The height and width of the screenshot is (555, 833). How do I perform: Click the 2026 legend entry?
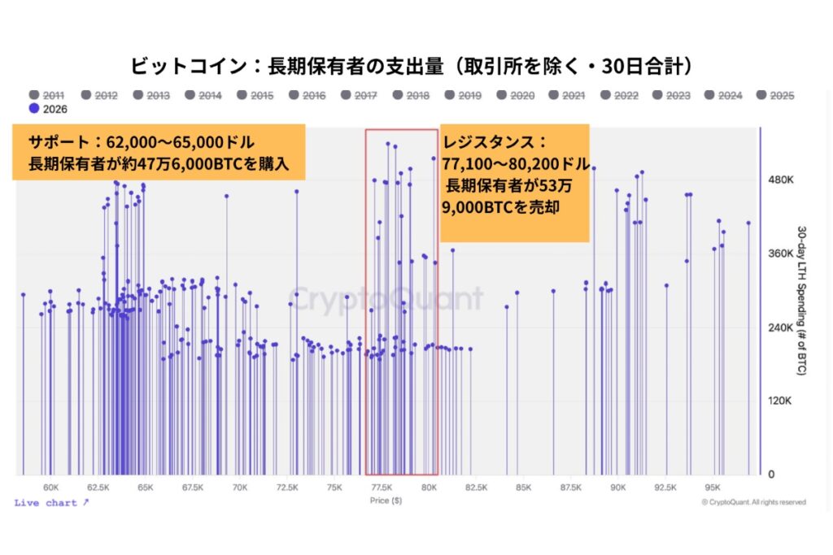(48, 109)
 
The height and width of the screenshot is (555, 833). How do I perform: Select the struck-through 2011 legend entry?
(46, 96)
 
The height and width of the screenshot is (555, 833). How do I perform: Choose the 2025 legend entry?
(775, 96)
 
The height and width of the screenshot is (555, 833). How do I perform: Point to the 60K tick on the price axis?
(51, 488)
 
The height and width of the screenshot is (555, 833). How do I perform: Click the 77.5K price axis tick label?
(382, 488)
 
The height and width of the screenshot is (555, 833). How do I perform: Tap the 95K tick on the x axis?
(713, 488)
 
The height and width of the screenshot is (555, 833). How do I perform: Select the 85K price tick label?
(523, 488)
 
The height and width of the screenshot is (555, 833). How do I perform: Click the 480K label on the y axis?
(780, 180)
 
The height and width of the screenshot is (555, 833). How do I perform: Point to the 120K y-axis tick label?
(779, 401)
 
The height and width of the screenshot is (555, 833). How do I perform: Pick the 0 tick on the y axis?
(771, 475)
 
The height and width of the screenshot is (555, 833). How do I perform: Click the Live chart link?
(51, 502)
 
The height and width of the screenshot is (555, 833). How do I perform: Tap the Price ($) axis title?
(386, 501)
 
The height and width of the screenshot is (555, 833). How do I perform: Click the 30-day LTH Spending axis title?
(801, 301)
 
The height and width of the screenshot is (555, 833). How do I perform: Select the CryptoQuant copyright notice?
(753, 502)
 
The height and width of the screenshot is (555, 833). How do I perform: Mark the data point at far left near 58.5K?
(24, 294)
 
